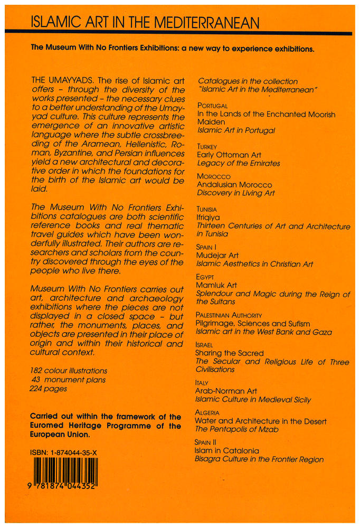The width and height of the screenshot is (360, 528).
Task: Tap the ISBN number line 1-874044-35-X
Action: coord(64,452)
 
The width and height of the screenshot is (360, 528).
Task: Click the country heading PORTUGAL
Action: coord(212,106)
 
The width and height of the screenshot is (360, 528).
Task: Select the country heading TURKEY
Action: coord(207,146)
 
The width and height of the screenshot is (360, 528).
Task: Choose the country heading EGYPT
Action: coord(205,277)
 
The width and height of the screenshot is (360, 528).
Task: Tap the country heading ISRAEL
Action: coord(205,345)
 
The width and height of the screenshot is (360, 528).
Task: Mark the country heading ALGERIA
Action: coord(207,412)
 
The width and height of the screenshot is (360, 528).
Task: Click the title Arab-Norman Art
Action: coord(226,391)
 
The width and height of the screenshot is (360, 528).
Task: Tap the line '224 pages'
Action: coord(48,388)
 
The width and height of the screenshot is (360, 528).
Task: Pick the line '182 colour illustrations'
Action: coord(69,371)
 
